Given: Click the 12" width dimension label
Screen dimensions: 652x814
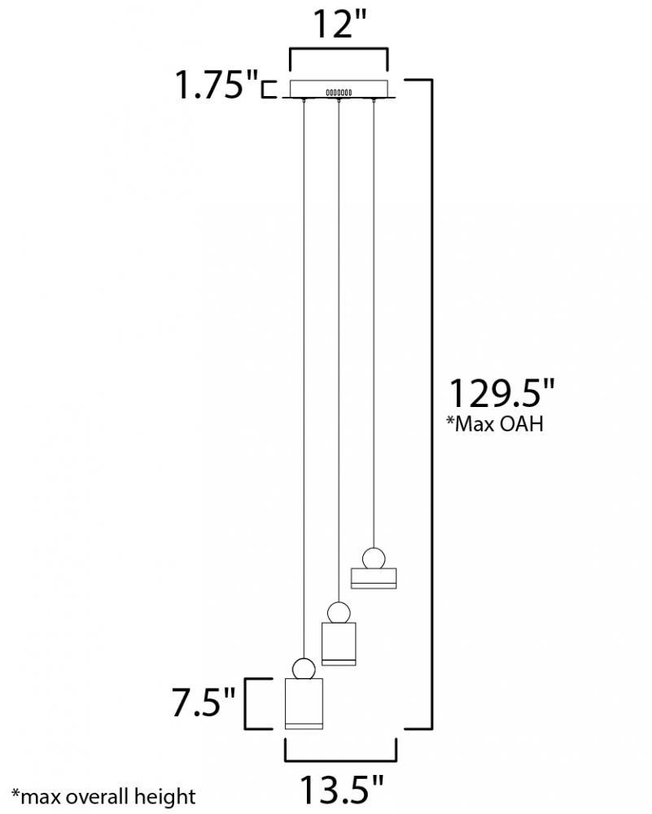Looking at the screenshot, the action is point(339,24).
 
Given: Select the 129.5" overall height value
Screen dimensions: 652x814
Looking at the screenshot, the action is point(502,393).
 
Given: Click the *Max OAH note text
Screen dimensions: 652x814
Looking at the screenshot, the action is point(495,423).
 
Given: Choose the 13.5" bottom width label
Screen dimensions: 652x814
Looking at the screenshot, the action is point(342,789).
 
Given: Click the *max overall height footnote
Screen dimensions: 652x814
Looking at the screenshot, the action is point(103,796).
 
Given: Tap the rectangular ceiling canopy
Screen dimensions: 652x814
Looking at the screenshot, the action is point(339,89).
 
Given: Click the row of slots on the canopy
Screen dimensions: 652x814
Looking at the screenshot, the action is point(339,93).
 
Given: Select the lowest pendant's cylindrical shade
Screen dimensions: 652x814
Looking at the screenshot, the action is point(304,703).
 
